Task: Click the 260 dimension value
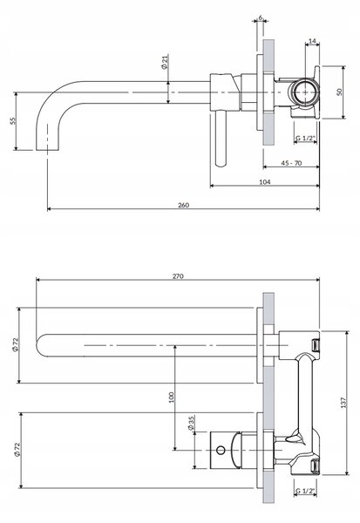pos(183,205)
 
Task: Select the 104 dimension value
pos(265,182)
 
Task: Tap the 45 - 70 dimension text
pos(291,163)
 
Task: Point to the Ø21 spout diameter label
pos(165,62)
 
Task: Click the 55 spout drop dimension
pos(13,121)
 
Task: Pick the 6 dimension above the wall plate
pos(261,17)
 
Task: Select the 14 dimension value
pos(312,41)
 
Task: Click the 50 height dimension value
pos(339,92)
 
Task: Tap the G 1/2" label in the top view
pos(305,138)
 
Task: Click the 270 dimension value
pos(178,276)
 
